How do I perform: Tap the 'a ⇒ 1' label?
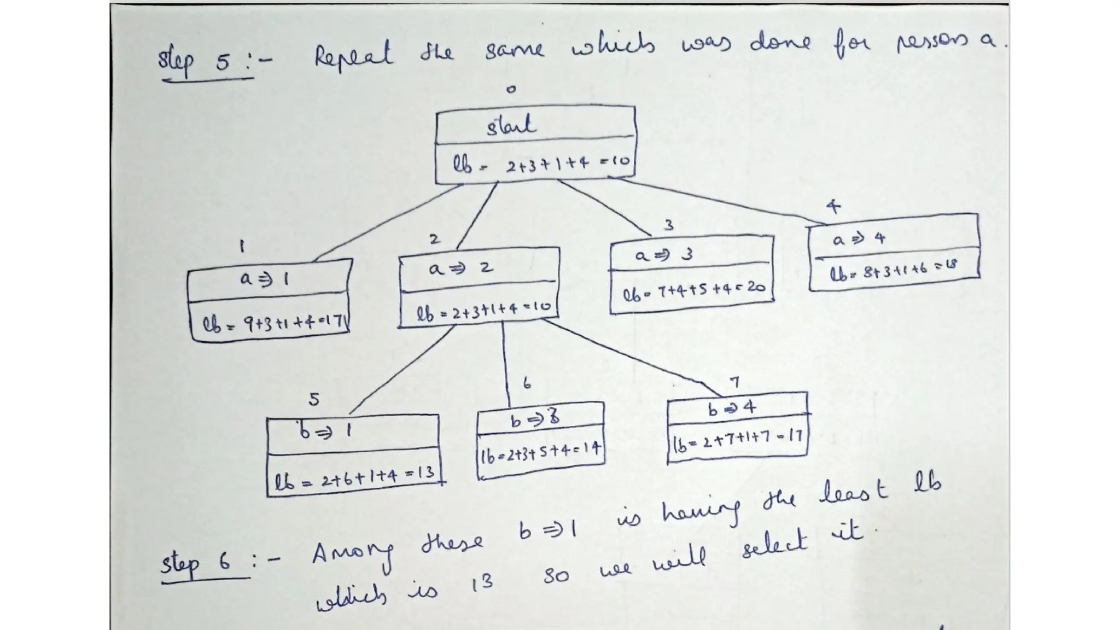264,279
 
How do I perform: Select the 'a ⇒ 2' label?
460,268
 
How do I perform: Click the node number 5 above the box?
313,400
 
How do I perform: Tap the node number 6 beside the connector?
526,383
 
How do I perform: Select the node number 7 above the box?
735,382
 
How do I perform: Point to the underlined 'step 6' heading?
196,564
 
